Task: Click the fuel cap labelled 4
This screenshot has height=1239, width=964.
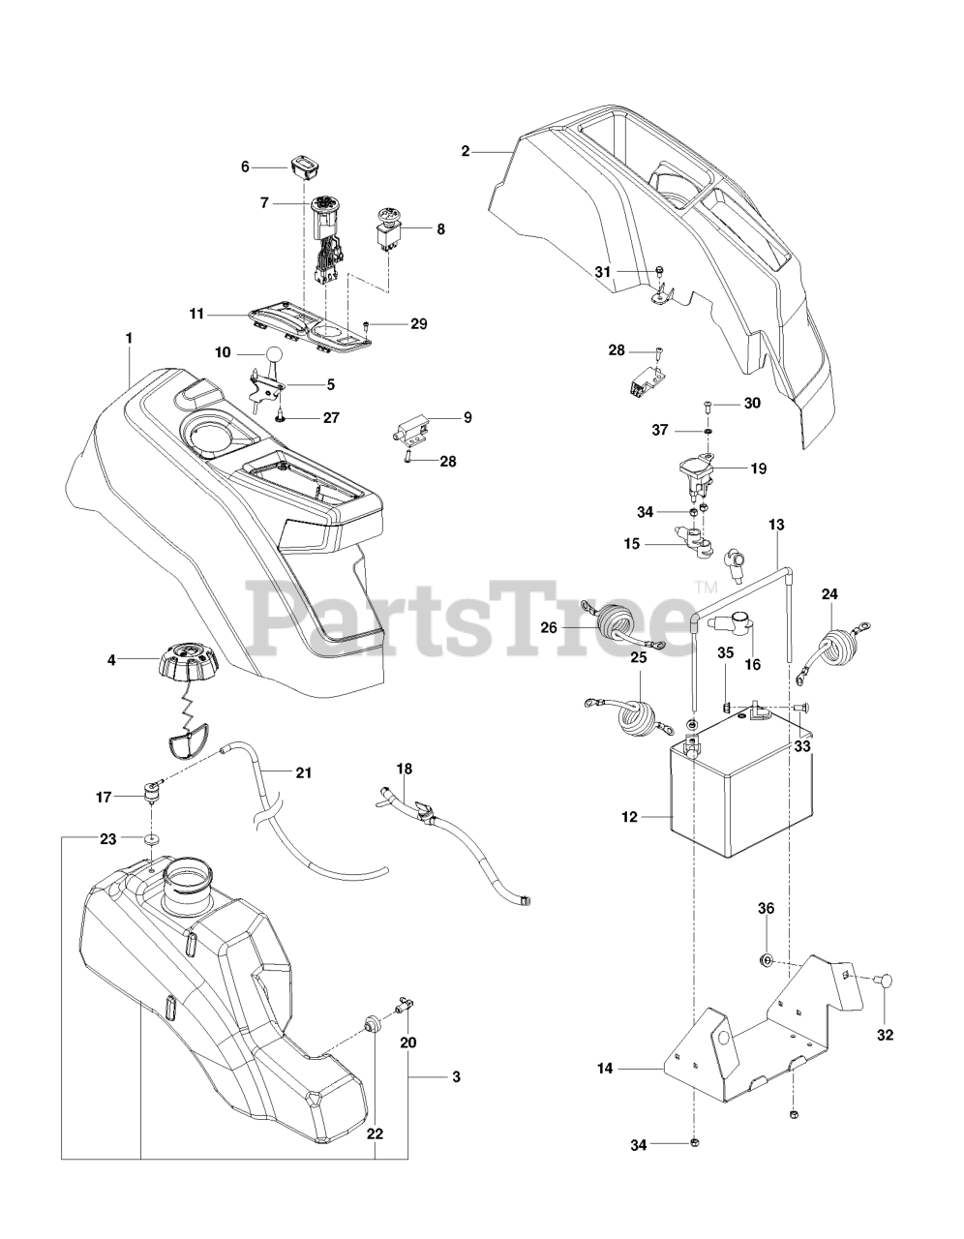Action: pyautogui.click(x=187, y=665)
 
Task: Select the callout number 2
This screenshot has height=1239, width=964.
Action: pyautogui.click(x=466, y=151)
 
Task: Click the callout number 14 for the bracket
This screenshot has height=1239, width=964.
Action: pyautogui.click(x=605, y=1069)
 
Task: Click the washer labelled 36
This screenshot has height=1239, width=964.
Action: pyautogui.click(x=766, y=960)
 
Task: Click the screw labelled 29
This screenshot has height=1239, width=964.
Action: pyautogui.click(x=366, y=324)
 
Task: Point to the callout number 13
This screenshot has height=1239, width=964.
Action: pyautogui.click(x=776, y=524)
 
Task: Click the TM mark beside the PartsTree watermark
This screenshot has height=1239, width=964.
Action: pyautogui.click(x=705, y=587)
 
